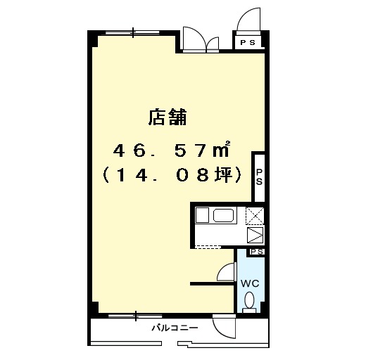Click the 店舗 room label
point(168,117)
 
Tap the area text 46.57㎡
point(171,150)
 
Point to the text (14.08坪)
point(172,175)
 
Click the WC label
point(250,283)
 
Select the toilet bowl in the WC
point(249,300)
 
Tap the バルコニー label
point(175,328)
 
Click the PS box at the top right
point(248,42)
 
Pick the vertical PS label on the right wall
point(259,177)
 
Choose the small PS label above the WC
point(256,252)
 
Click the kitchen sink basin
point(223,215)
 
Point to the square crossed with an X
point(255,215)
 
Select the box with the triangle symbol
point(255,235)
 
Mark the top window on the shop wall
point(132,32)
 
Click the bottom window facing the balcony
point(136,316)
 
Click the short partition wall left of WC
point(213,284)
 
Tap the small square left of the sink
point(202,215)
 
